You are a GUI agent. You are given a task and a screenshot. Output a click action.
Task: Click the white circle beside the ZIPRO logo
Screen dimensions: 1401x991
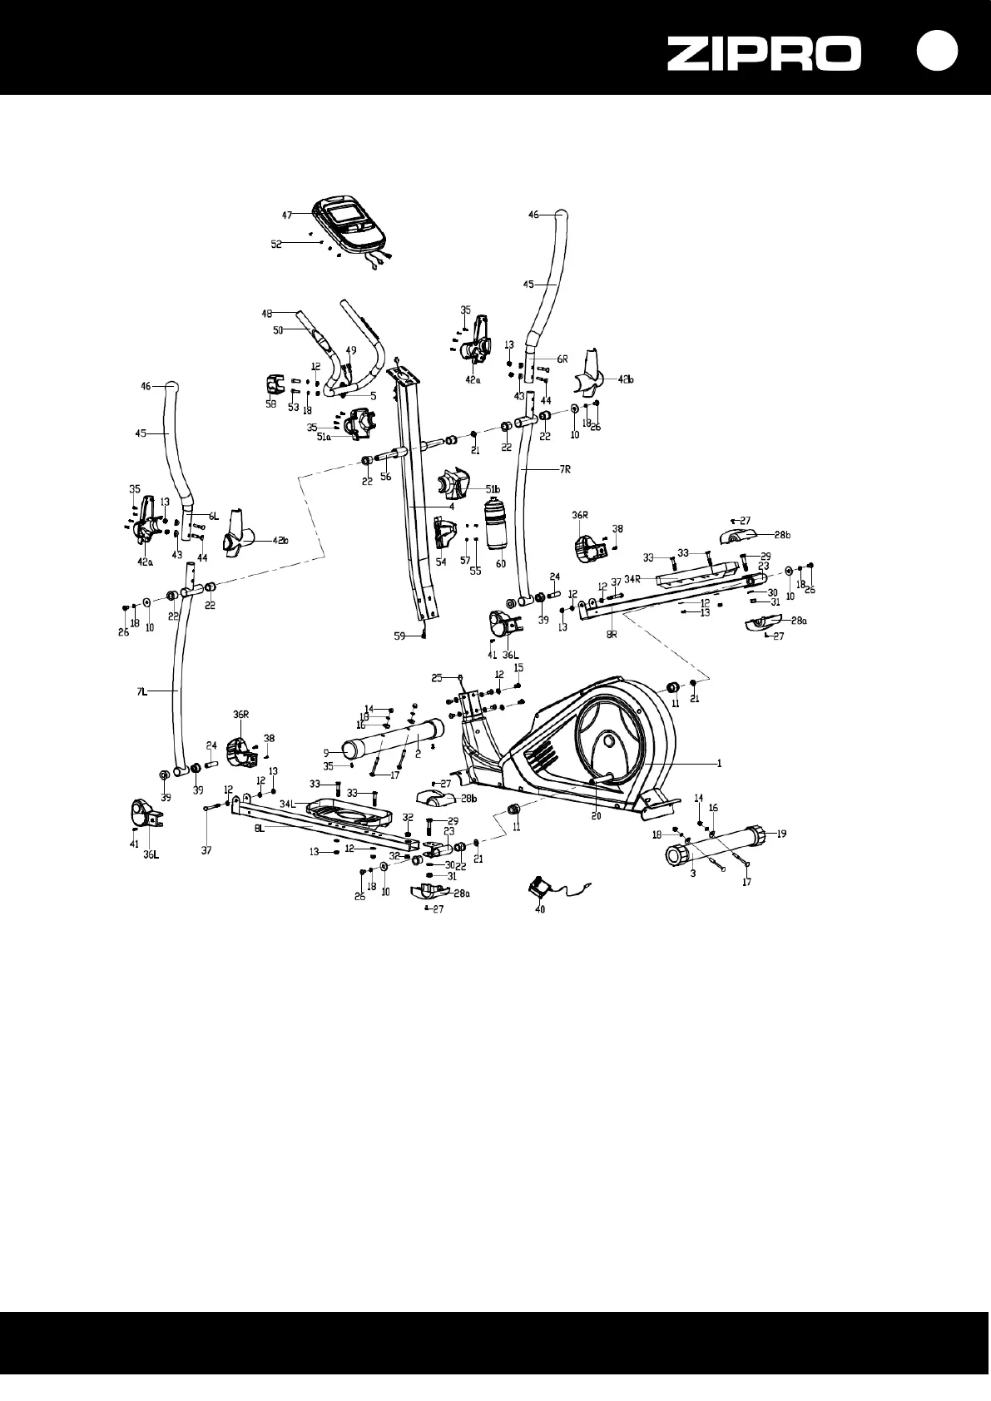pyautogui.click(x=938, y=52)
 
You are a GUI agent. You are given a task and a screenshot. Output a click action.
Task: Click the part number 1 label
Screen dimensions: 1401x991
pyautogui.click(x=720, y=763)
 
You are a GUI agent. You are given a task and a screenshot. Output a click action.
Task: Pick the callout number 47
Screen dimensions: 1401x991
pyautogui.click(x=286, y=215)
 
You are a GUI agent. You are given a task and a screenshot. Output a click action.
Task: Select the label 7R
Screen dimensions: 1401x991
pyautogui.click(x=566, y=470)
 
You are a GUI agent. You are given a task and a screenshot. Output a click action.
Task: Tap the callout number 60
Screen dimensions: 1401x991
pyautogui.click(x=501, y=564)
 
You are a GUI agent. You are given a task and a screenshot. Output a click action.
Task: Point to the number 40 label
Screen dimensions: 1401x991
pyautogui.click(x=539, y=910)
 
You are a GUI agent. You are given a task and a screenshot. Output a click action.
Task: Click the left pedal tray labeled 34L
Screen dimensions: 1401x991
pyautogui.click(x=345, y=810)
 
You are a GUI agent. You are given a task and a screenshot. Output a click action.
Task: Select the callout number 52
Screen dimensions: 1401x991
pyautogui.click(x=275, y=244)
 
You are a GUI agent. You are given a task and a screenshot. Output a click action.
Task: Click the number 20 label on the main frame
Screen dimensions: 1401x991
pyautogui.click(x=596, y=816)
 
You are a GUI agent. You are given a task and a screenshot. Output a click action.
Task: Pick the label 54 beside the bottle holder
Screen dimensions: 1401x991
pyautogui.click(x=441, y=562)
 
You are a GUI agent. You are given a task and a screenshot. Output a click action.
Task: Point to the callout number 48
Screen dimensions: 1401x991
pyautogui.click(x=267, y=314)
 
